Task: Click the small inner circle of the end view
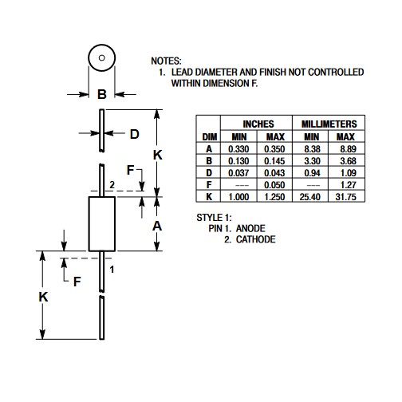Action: (101, 57)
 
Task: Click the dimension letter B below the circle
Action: (102, 94)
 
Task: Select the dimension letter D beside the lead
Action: (135, 134)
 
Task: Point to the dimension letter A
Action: (157, 226)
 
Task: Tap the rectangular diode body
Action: (102, 224)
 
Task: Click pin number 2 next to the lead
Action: (112, 184)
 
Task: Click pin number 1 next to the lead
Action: (112, 270)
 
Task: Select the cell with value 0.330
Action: (238, 149)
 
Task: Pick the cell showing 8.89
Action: (348, 149)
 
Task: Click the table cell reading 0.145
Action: (274, 161)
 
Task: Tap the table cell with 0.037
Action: (238, 173)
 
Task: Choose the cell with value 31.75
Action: (345, 197)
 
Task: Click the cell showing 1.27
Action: (349, 185)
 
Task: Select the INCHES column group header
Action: (258, 124)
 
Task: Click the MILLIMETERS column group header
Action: (329, 124)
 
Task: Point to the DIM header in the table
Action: (210, 137)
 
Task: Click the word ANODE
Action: (250, 228)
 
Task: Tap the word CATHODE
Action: (255, 239)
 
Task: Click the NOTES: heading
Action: (166, 61)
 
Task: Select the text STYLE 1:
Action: (214, 218)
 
